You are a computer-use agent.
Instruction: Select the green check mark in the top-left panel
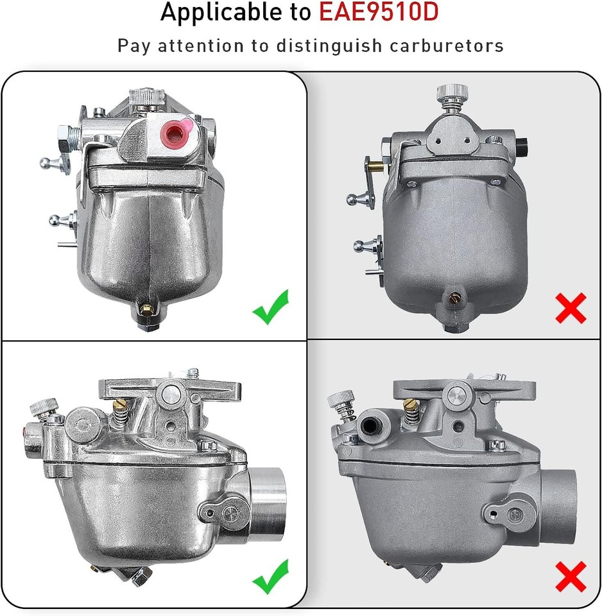pos(270,306)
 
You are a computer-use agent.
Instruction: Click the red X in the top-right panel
pos(571,307)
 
